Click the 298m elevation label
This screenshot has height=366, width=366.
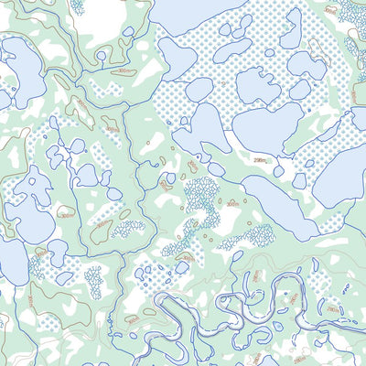click(x=260, y=159)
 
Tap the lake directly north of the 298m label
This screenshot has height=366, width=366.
click(x=267, y=127)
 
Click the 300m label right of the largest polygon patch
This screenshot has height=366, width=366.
click(x=233, y=203)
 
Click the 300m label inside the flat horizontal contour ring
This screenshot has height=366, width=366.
click(x=123, y=71)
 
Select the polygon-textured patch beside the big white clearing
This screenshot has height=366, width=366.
click(x=77, y=7)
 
